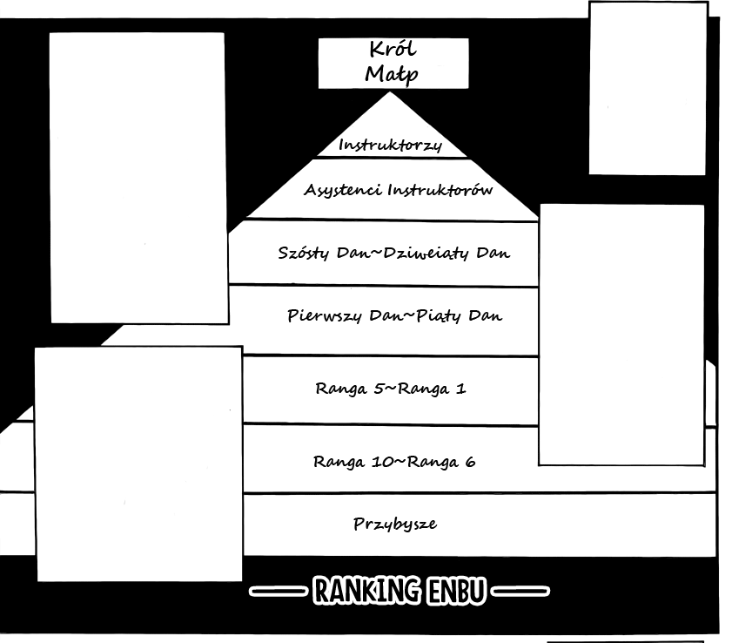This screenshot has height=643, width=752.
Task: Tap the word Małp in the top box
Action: pyautogui.click(x=391, y=74)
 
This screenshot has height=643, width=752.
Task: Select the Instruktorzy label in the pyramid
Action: pyautogui.click(x=390, y=145)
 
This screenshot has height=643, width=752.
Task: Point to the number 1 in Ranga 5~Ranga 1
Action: pyautogui.click(x=460, y=389)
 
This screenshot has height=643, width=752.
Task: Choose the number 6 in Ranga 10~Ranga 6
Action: pyautogui.click(x=470, y=462)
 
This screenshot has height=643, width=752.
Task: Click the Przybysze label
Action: pyautogui.click(x=394, y=525)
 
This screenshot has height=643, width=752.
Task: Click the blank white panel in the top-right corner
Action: pyautogui.click(x=648, y=87)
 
